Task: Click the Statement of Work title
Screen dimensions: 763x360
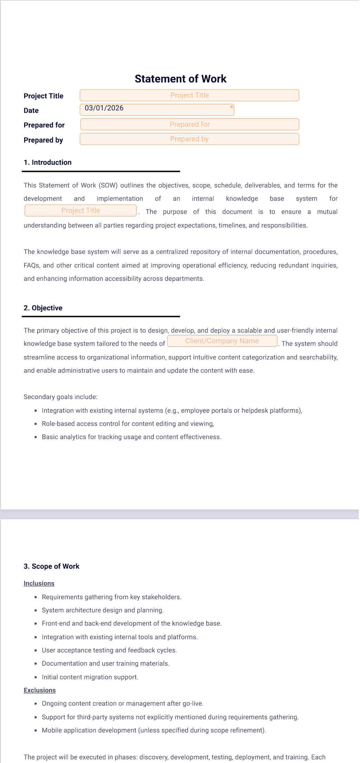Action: coord(180,79)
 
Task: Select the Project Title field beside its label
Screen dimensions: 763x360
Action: coord(189,95)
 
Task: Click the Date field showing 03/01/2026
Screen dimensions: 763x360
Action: coord(157,110)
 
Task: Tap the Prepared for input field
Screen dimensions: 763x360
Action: coord(189,124)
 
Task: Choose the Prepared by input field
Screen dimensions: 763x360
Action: coord(189,139)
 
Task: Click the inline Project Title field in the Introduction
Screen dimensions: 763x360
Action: coord(81,211)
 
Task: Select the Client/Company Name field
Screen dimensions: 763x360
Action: coord(222,341)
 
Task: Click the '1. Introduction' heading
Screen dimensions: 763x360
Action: coord(48,163)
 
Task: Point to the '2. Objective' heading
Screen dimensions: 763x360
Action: coord(43,308)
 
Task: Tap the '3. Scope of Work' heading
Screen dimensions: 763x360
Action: coord(51,566)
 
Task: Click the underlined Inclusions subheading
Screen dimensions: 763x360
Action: coord(39,583)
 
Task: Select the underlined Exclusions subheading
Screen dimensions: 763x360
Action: coord(40,690)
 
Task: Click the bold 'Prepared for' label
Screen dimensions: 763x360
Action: coord(44,125)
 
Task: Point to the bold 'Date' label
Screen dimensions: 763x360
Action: coord(31,111)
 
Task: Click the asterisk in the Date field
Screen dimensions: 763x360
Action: coord(232,108)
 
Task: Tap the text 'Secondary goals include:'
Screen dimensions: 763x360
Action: coord(61,397)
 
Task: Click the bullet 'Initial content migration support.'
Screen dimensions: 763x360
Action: coord(90,677)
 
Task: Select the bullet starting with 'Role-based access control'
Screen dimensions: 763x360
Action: coord(128,424)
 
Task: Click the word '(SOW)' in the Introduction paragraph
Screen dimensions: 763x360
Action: coord(108,185)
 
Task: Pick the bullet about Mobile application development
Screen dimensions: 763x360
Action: coord(154,730)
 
